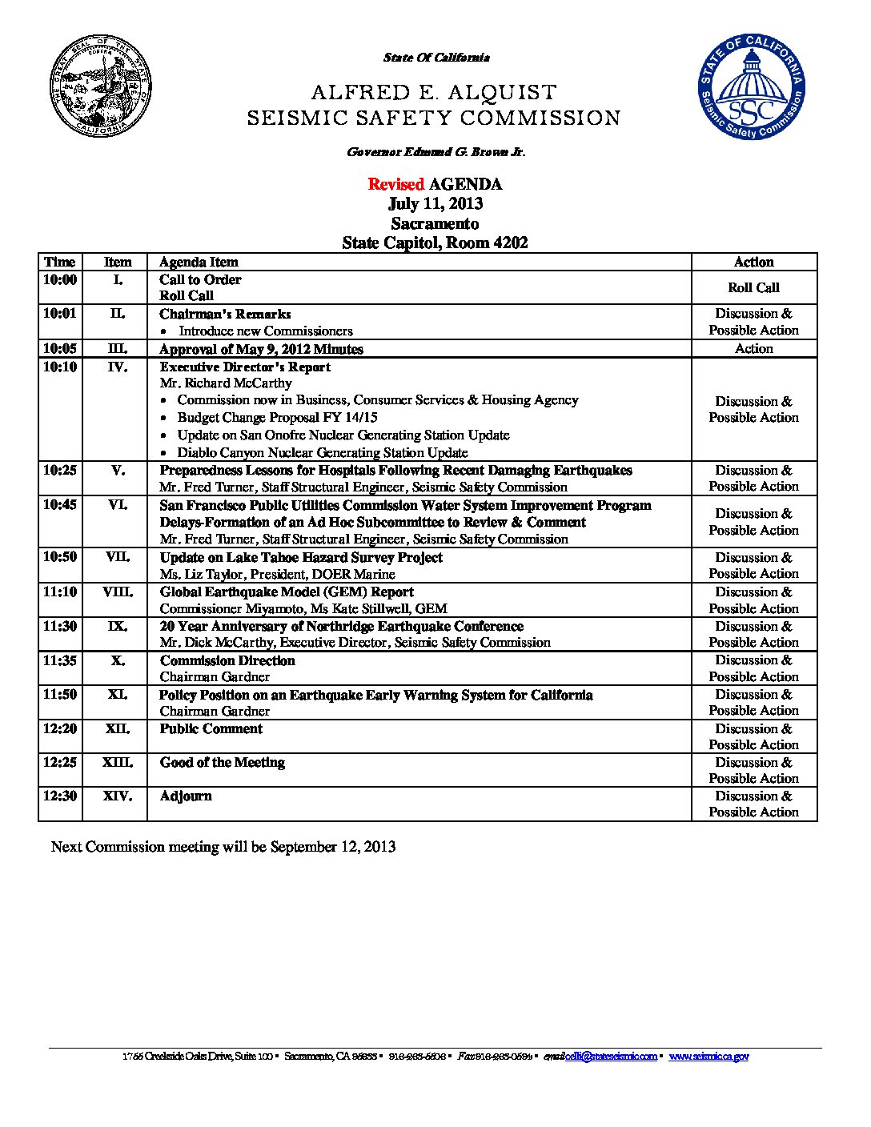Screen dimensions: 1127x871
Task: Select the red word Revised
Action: pyautogui.click(x=395, y=185)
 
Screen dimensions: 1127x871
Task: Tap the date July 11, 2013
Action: pyautogui.click(x=435, y=204)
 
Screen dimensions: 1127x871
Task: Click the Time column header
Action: pyautogui.click(x=60, y=262)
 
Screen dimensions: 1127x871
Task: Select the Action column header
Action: pyautogui.click(x=753, y=262)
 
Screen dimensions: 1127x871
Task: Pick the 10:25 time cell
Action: pyautogui.click(x=60, y=471)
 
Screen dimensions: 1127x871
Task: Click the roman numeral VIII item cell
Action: pyautogui.click(x=117, y=592)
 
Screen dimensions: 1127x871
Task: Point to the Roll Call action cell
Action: pyautogui.click(x=753, y=287)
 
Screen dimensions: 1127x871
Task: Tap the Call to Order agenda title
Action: pyautogui.click(x=200, y=279)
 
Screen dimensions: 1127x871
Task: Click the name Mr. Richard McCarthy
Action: pyautogui.click(x=226, y=383)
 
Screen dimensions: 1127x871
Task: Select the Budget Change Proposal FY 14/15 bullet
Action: pyautogui.click(x=277, y=418)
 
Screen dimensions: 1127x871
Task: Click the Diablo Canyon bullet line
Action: pyautogui.click(x=322, y=452)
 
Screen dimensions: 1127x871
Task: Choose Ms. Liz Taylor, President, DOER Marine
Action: pyautogui.click(x=277, y=574)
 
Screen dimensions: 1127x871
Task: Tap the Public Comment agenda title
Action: pyautogui.click(x=211, y=729)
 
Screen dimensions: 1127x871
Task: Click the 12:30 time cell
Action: pyautogui.click(x=60, y=796)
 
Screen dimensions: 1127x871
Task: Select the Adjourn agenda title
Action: pyautogui.click(x=186, y=796)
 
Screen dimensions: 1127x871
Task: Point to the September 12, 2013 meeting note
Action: pyautogui.click(x=223, y=847)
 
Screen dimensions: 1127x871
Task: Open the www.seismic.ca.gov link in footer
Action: pyautogui.click(x=708, y=1057)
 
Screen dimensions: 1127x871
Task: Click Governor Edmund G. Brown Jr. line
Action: pyautogui.click(x=435, y=152)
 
